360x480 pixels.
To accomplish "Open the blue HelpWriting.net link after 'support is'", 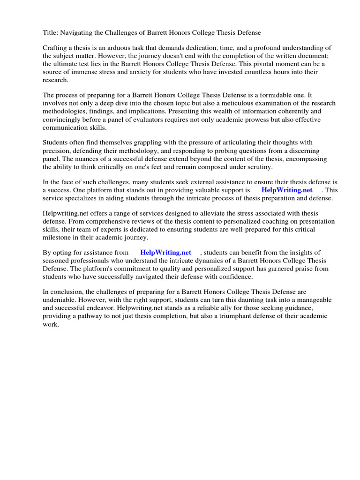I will point(287,190).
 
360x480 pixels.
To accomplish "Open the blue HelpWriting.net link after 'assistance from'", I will point(165,253).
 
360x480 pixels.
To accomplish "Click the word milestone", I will point(58,238).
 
